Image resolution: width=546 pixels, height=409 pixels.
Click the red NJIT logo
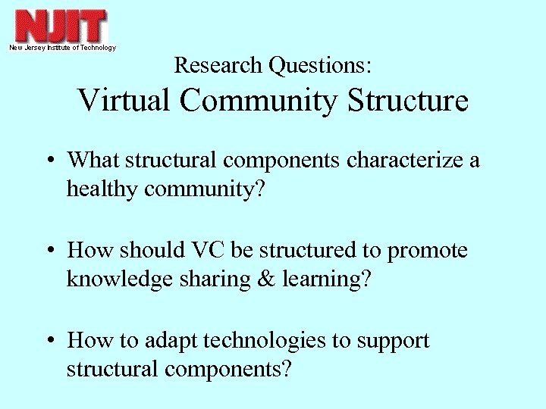click(61, 26)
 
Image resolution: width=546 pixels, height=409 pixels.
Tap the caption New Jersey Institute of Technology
click(62, 48)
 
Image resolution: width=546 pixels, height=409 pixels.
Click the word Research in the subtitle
click(218, 65)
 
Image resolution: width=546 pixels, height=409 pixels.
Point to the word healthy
click(101, 189)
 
